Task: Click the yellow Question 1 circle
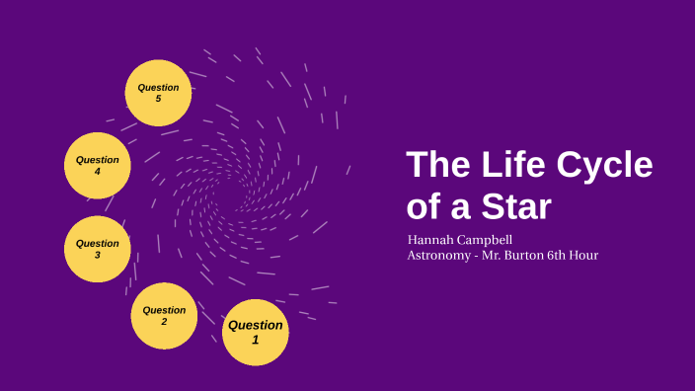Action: coord(256,333)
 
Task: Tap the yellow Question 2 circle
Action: coord(164,316)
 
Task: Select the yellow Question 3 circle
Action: coord(98,249)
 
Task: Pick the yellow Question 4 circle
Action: coord(98,165)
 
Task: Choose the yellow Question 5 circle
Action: coord(158,93)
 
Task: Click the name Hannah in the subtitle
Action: coord(431,240)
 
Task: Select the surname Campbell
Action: coord(487,240)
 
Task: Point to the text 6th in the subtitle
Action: coord(572,256)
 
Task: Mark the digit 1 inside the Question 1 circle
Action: coord(256,340)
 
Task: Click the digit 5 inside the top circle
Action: coord(158,99)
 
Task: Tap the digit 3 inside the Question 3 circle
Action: coord(98,255)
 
